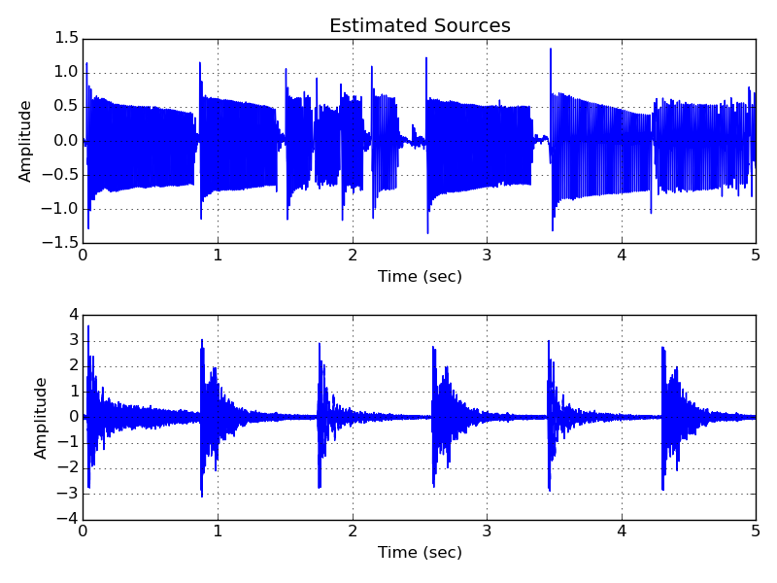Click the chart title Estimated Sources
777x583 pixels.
420,26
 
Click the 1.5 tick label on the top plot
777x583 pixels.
66,38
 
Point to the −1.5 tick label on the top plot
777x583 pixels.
61,243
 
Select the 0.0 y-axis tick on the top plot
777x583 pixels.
66,140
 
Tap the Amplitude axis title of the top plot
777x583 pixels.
26,141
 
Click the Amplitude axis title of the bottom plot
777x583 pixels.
42,418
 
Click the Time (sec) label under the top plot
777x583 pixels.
420,277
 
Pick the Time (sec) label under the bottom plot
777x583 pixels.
420,553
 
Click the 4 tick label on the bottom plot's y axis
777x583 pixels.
72,315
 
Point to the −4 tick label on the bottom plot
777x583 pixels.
67,519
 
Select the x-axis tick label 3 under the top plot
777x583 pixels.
487,257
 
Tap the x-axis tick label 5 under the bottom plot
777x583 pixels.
756,532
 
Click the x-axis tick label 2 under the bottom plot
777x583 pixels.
353,532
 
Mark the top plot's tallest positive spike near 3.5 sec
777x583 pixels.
551,49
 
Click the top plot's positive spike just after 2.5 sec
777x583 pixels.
426,58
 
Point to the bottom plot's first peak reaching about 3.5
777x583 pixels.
88,326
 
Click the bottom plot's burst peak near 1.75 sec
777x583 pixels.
319,343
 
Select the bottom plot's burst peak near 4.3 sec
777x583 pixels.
662,348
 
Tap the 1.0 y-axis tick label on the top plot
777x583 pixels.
66,72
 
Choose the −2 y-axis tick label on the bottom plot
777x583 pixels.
67,468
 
